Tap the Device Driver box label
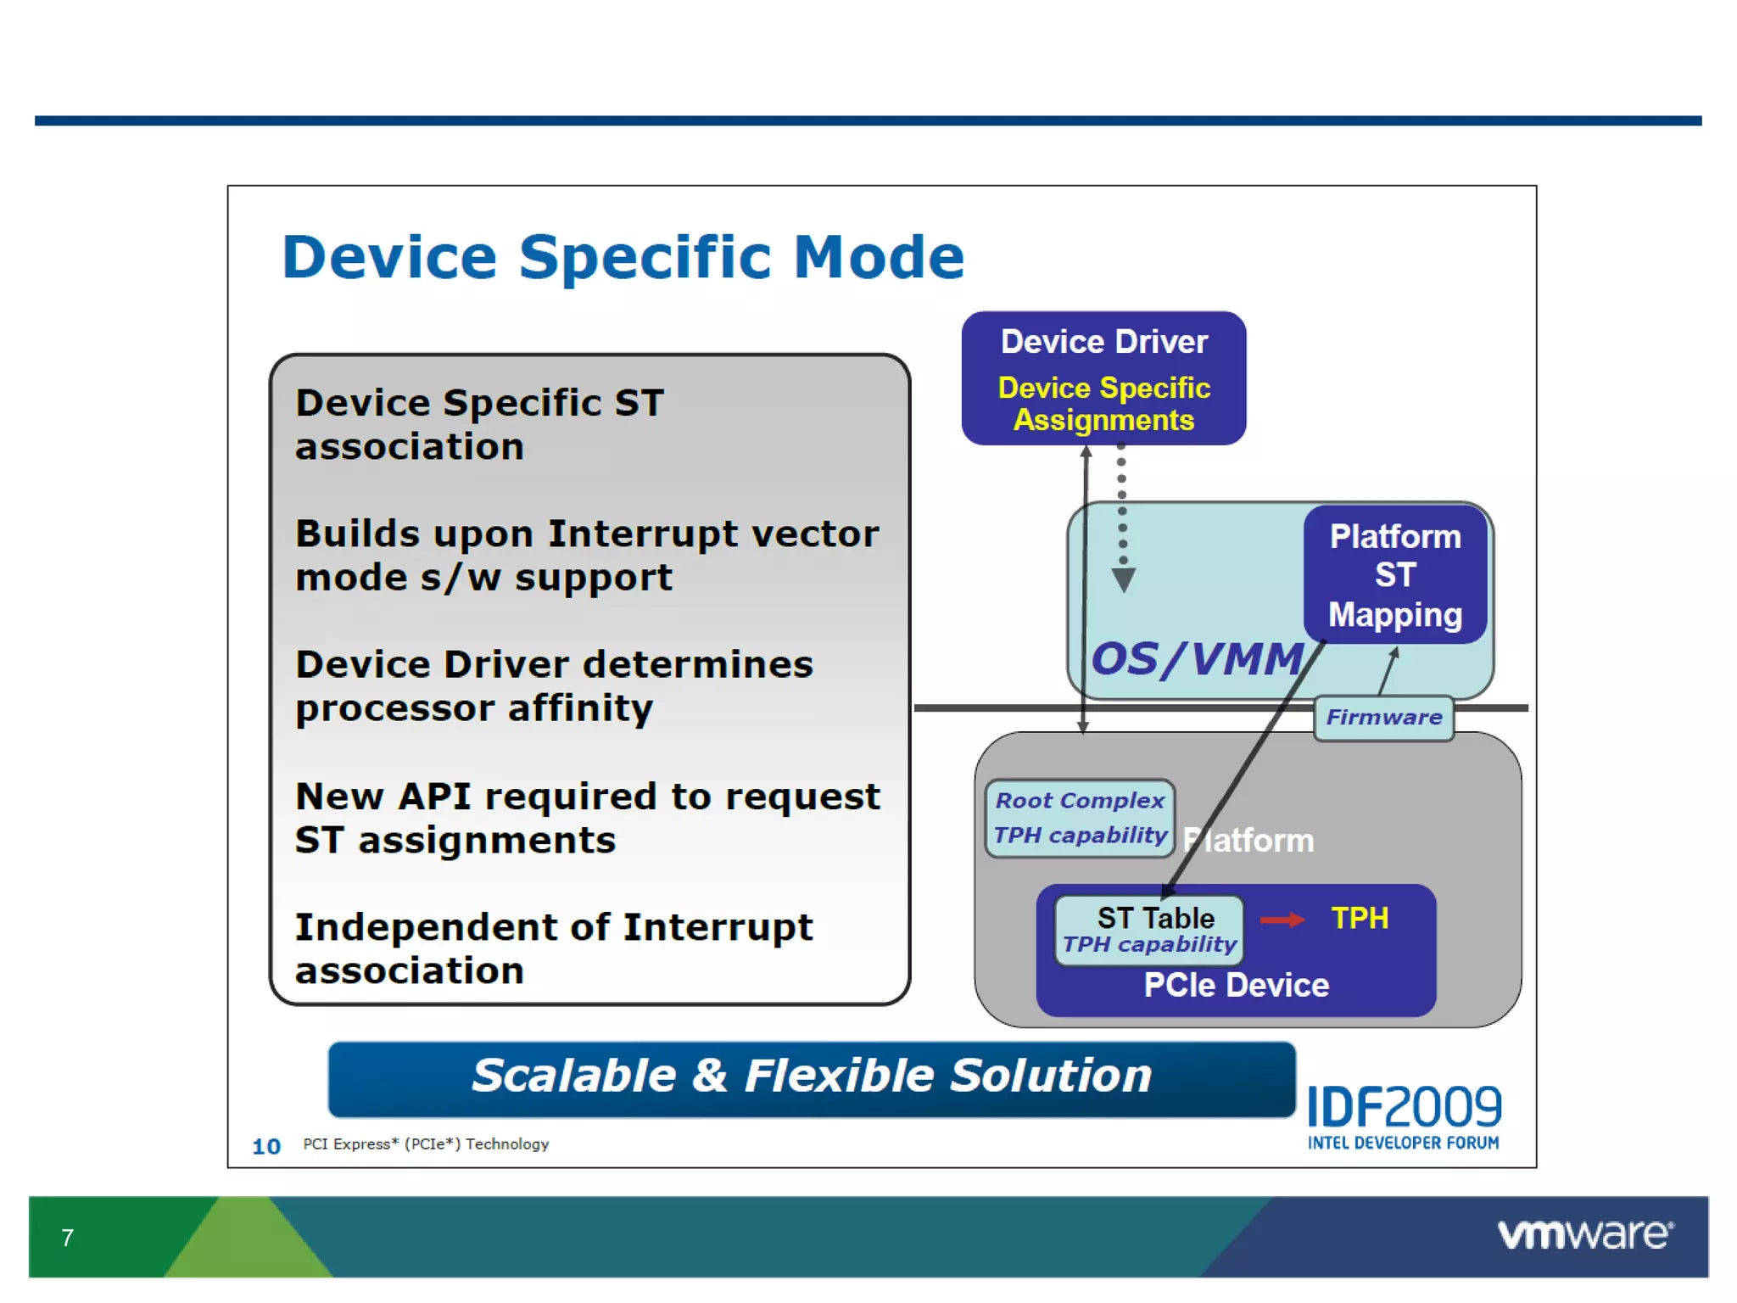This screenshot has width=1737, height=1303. [x=1103, y=342]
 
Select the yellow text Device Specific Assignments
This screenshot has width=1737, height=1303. [x=1103, y=404]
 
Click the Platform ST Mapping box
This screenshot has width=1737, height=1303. [x=1395, y=575]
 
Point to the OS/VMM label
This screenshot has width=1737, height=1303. [x=1197, y=659]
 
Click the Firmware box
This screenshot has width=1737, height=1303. [x=1383, y=718]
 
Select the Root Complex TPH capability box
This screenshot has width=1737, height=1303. [x=1080, y=819]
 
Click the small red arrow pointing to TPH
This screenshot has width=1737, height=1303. [x=1282, y=920]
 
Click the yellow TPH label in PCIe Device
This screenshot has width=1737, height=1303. [x=1360, y=919]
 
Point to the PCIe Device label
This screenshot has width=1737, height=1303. [x=1236, y=985]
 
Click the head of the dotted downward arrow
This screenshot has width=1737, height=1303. [x=1123, y=581]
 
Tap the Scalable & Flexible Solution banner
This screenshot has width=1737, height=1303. [x=812, y=1077]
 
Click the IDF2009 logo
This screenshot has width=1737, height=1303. [x=1404, y=1116]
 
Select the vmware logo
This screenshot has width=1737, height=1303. [x=1584, y=1234]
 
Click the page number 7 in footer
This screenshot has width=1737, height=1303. [x=68, y=1238]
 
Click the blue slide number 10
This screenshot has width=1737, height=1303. [x=266, y=1147]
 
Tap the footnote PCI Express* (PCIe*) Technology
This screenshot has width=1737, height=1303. [x=426, y=1144]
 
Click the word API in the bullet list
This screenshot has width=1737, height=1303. [x=433, y=797]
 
